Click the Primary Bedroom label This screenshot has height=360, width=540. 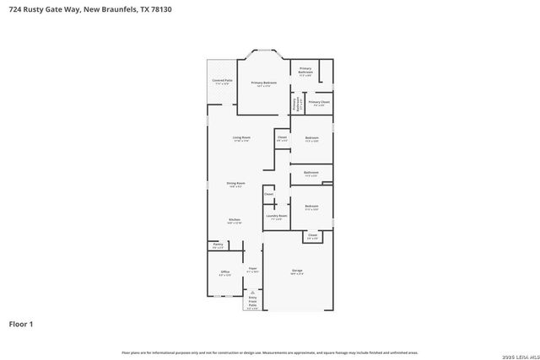pos(263,83)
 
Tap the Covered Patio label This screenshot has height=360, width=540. pos(222,82)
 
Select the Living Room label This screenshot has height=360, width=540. pos(241,138)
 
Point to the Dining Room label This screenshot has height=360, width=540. pos(235,184)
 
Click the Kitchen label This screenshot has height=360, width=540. pos(234,221)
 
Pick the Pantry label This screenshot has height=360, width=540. pos(218,245)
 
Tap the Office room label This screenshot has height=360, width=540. pos(224,272)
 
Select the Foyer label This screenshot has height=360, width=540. pos(251,271)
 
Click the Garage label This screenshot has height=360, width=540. pos(297,271)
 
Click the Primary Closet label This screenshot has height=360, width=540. pos(318,103)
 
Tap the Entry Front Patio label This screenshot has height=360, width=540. pos(251,301)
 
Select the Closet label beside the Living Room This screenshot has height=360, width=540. pos(282,137)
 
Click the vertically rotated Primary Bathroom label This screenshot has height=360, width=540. pos(295,105)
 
